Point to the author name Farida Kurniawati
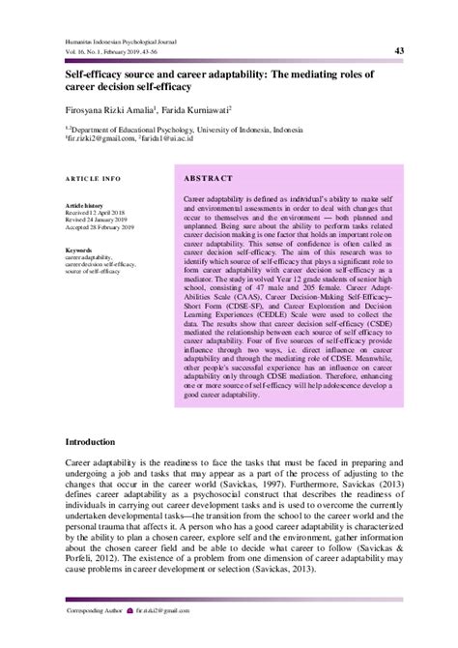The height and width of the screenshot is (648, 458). pos(200,109)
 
